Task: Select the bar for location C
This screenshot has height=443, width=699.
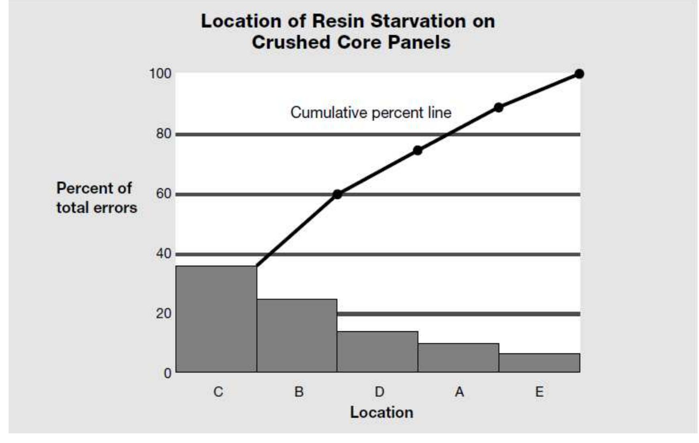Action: coord(216,319)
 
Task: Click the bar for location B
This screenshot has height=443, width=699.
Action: coord(297,335)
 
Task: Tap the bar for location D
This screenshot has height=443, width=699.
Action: coord(377,351)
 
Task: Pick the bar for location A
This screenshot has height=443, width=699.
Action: coord(458,357)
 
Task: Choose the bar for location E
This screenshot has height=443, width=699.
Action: coord(539,363)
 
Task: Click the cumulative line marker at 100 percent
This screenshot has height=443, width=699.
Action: coord(579,74)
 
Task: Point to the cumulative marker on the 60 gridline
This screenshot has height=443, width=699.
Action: coord(337,194)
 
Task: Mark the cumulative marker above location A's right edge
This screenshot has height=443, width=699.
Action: coord(498,108)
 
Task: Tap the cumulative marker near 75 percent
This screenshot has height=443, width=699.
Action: coord(418,151)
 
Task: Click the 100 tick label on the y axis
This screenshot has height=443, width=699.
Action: coord(160,74)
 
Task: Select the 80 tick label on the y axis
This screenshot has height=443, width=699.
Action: coord(163,134)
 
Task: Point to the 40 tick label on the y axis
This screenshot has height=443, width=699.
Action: coord(163,254)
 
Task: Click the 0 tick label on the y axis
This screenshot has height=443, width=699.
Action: coord(167,374)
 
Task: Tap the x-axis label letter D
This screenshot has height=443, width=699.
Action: coord(379,392)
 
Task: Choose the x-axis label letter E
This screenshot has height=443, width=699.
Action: coord(539,392)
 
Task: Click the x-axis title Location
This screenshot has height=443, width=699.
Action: coord(381,412)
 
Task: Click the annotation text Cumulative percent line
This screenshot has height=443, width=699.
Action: coord(371,112)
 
